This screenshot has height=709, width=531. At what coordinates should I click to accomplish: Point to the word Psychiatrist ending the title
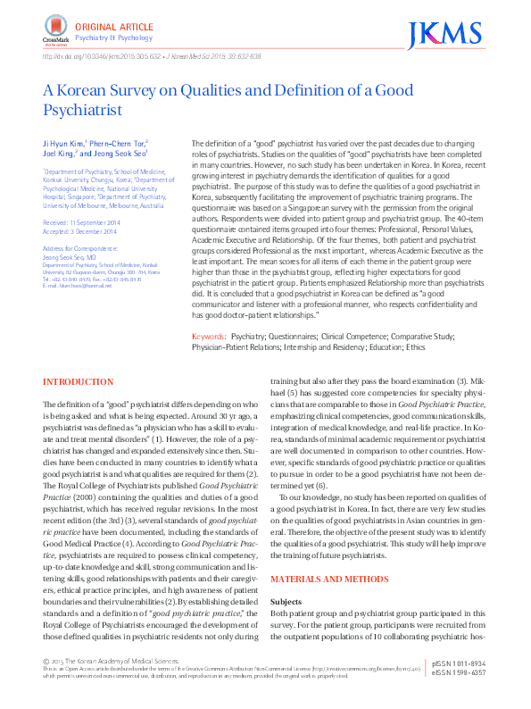pyautogui.click(x=80, y=111)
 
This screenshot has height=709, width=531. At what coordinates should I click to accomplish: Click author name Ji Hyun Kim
pyautogui.click(x=63, y=143)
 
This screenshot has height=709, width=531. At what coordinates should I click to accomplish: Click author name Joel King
pyautogui.click(x=62, y=153)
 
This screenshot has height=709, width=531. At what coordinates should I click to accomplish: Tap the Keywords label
pyautogui.click(x=209, y=336)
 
